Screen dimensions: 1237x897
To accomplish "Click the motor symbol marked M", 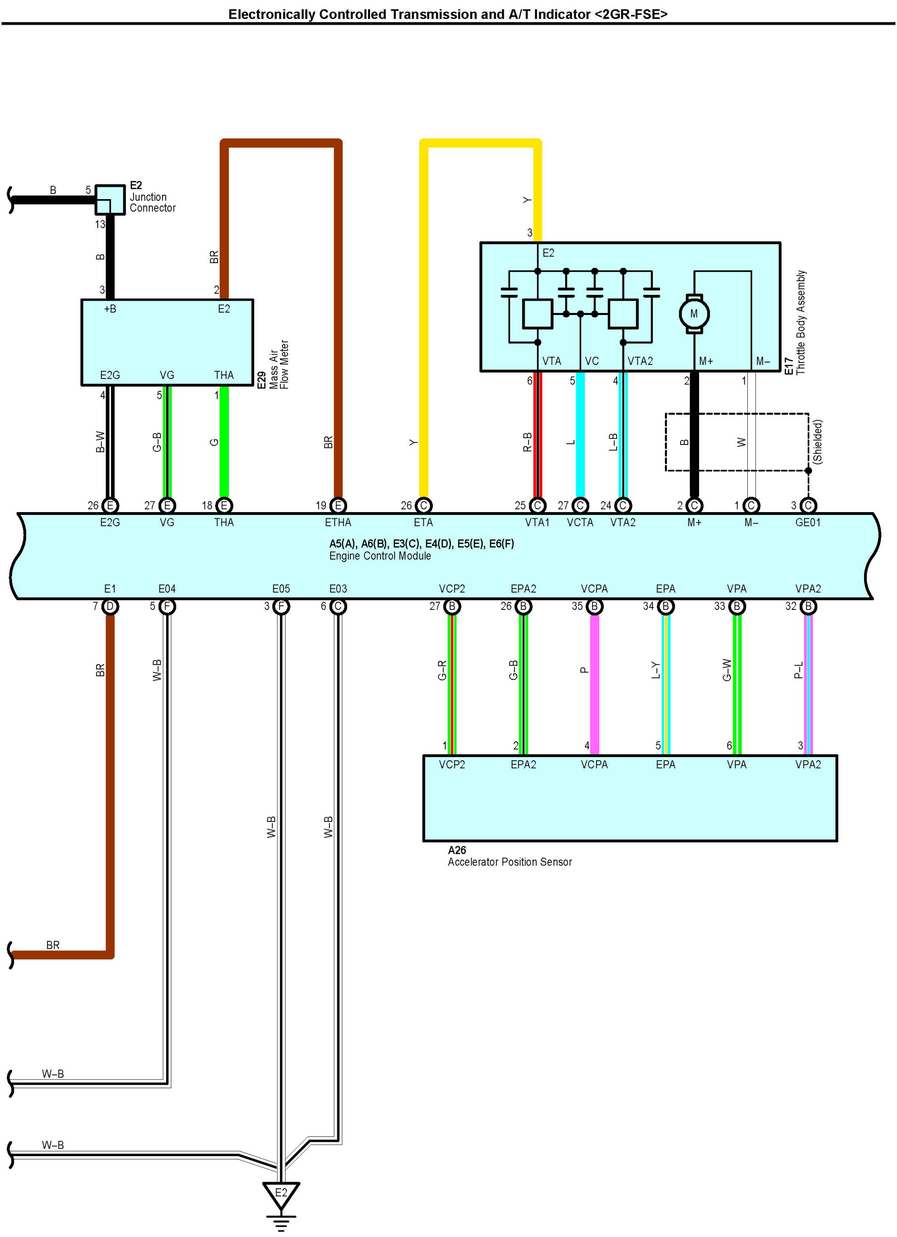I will pos(694,314).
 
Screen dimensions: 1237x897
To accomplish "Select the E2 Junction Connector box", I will pos(110,200).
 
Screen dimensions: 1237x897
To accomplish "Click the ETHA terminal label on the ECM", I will pos(338,522).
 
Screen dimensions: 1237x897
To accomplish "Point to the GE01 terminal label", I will pos(808,522).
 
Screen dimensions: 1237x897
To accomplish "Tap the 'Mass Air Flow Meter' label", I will pos(279,365).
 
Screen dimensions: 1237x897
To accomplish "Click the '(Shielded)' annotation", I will pos(817,442).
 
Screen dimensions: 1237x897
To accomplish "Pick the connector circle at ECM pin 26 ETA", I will pos(423,506).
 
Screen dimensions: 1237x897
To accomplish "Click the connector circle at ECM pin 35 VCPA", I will pos(594,607).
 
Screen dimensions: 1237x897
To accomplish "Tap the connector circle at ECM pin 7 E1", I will pos(110,607).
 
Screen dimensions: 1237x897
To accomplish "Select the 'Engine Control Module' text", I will pos(380,556).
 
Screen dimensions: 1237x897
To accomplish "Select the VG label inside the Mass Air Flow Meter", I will pos(167,375).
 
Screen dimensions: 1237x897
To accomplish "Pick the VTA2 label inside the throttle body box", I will pos(640,361).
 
